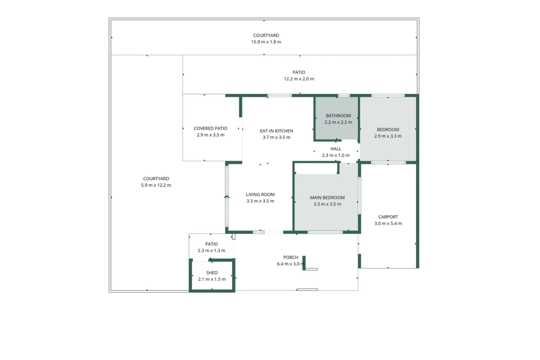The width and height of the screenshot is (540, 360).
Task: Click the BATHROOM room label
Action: click(338, 116)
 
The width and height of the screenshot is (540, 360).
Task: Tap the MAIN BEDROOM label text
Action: click(327, 198)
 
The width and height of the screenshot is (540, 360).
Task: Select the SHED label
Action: click(212, 273)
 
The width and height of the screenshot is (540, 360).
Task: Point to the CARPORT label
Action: click(388, 217)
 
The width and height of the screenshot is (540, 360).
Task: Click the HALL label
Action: click(335, 149)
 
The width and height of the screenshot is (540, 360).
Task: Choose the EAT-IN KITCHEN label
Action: click(276, 131)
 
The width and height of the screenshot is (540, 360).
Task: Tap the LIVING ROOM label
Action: click(260, 195)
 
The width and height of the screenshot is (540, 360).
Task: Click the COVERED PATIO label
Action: click(211, 128)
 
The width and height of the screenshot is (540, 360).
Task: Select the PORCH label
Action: click(291, 257)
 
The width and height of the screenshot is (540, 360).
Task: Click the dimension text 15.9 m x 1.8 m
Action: click(266, 42)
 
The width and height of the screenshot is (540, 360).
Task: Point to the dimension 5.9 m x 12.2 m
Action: click(156, 185)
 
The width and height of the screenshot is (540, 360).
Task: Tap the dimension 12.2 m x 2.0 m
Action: click(299, 79)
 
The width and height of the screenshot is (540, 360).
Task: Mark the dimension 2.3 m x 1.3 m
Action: click(211, 251)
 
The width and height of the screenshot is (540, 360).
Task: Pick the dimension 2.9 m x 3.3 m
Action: click(388, 136)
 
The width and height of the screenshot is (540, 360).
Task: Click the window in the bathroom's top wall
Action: click(344, 96)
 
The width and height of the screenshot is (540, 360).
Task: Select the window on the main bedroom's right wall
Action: click(359, 196)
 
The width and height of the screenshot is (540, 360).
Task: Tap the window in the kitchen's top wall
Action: click(280, 96)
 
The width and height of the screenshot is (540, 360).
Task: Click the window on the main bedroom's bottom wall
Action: click(325, 232)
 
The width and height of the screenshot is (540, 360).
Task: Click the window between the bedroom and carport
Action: click(388, 163)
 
